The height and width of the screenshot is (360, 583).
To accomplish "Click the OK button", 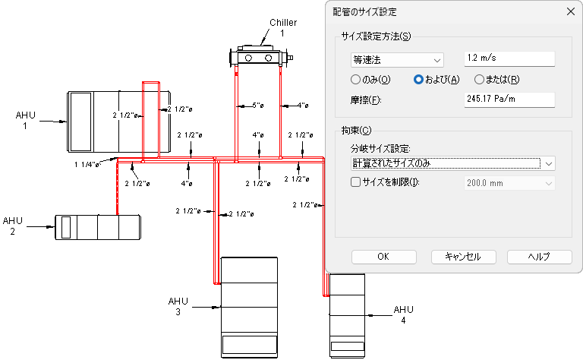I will point(383,257).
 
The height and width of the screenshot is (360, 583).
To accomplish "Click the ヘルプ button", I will point(539,257).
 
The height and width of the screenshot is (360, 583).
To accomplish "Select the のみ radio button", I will point(355,80).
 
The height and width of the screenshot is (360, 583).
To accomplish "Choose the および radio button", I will point(418,80).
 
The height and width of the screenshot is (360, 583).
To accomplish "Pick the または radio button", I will point(479,80).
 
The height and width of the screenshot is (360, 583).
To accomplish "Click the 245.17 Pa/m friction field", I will point(509,99).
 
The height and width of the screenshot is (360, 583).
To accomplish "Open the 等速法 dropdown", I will point(396,59).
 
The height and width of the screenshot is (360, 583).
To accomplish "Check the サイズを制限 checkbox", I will point(355,182).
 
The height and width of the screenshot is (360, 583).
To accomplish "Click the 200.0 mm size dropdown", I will point(509,182).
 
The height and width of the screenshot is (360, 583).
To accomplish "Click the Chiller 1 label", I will point(282,28).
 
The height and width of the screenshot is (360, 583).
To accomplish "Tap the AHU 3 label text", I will point(178,307).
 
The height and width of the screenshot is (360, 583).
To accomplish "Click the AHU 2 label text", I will point(13,226).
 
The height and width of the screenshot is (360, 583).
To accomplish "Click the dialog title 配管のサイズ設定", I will point(365,11).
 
